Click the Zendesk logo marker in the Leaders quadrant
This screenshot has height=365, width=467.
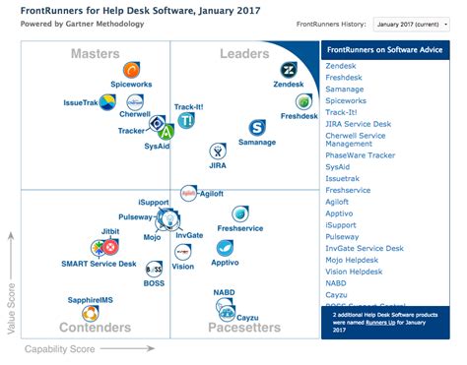click(x=290, y=70)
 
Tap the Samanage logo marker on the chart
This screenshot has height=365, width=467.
click(x=257, y=127)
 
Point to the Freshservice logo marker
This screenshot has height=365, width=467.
click(x=239, y=213)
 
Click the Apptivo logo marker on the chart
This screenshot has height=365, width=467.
click(x=225, y=247)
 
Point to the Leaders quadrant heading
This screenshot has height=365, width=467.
click(x=245, y=53)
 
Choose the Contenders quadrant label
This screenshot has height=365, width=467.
click(x=96, y=328)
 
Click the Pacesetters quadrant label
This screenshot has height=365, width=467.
click(x=243, y=328)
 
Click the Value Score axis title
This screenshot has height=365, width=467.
click(x=13, y=294)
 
